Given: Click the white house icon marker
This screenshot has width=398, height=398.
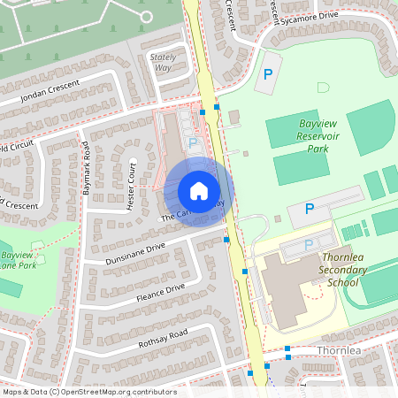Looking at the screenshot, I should tap(199, 191).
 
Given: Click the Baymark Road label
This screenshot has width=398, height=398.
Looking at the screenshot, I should tap(87, 172).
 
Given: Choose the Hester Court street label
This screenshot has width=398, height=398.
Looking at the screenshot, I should tap(132, 187).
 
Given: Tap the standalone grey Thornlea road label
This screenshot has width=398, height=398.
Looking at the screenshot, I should tap(341, 351).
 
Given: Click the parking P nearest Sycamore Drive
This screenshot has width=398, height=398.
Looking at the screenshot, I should tap(266, 76).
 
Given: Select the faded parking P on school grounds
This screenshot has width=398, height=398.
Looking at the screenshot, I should tap(309, 245).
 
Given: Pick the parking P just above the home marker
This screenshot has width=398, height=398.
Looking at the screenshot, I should tap(193, 142).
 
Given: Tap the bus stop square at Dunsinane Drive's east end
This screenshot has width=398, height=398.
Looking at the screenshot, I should tap(227, 239).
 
